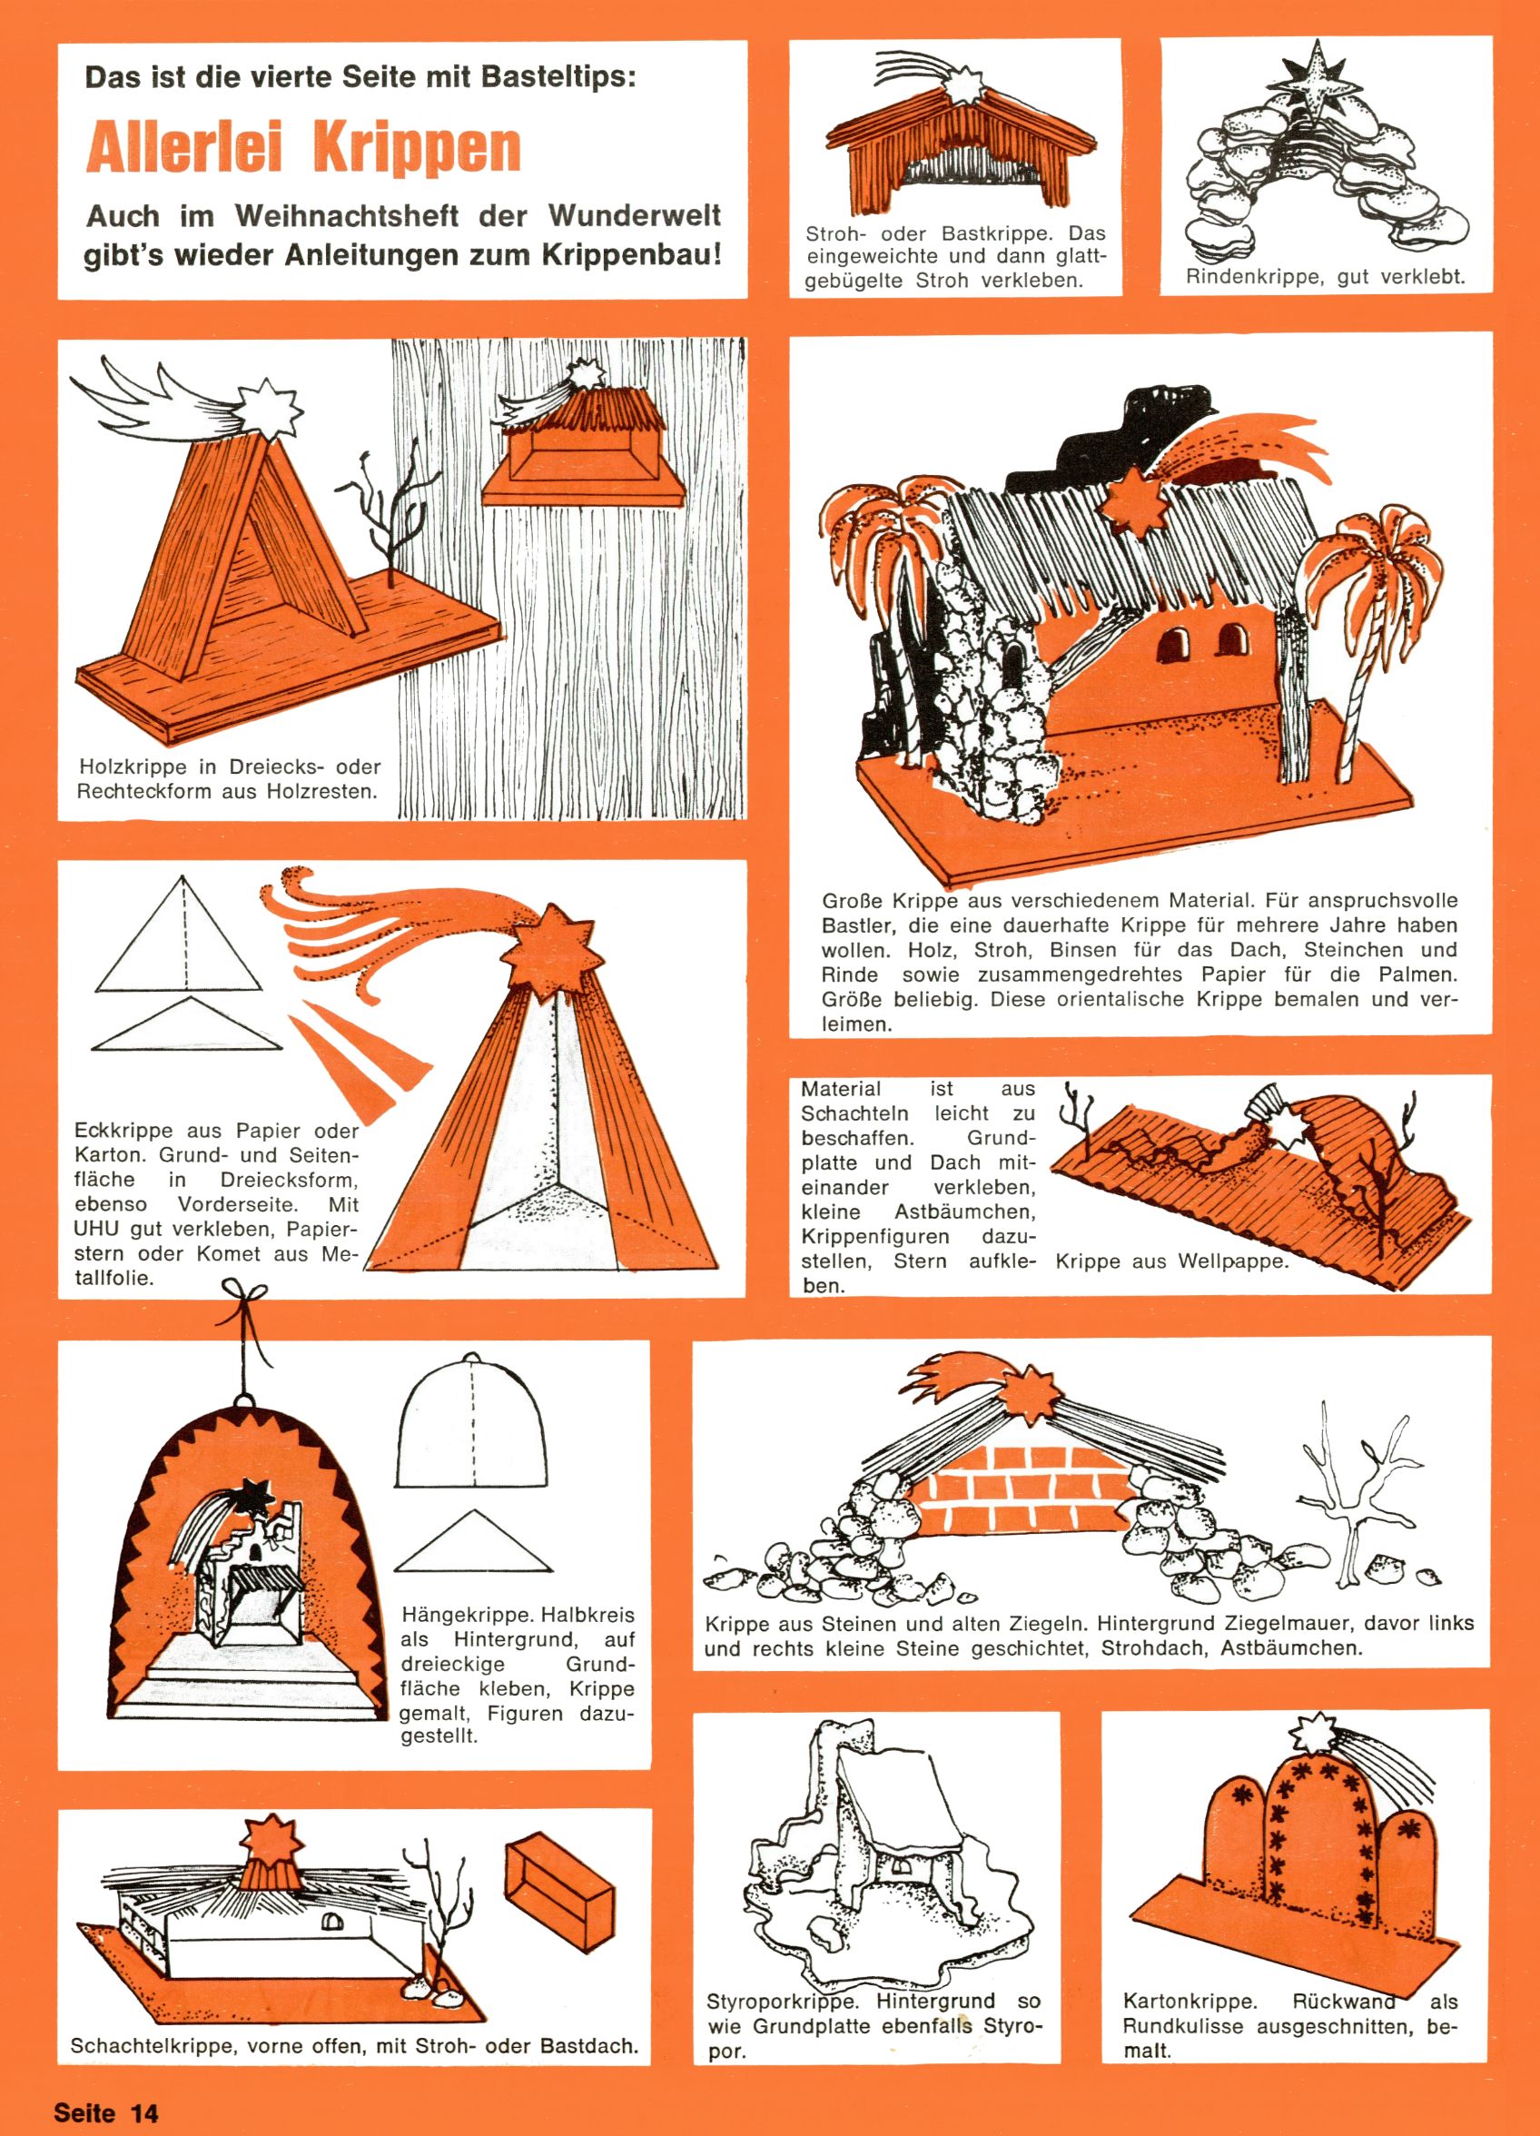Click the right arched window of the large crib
[1231, 642]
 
